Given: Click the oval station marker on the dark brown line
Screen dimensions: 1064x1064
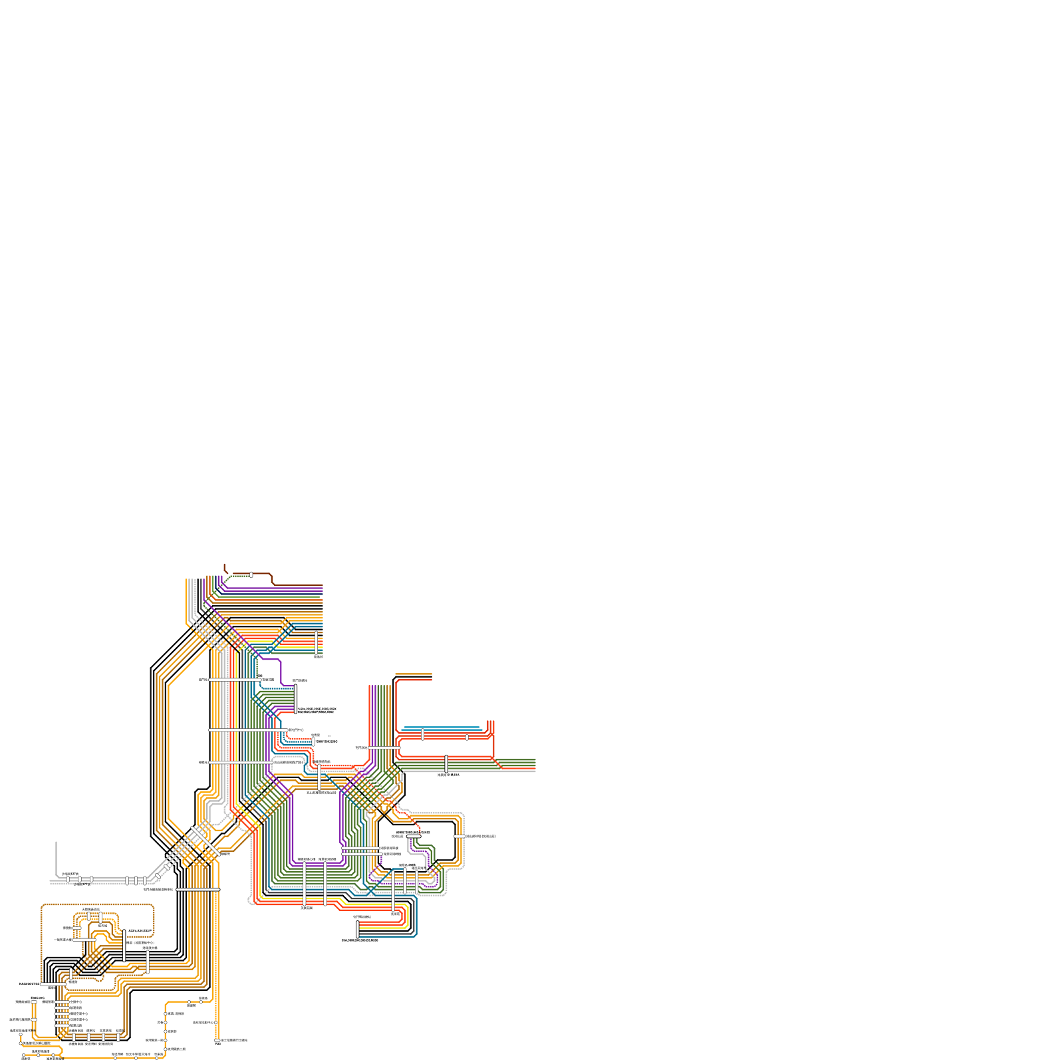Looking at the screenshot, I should [251, 575].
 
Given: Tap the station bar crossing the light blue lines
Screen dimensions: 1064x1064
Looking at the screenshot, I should [423, 734].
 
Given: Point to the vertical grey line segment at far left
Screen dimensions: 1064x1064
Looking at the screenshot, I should [56, 858].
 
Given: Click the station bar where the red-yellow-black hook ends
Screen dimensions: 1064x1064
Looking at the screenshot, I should [358, 930].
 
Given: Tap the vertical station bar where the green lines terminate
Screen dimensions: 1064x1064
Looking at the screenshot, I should [296, 699].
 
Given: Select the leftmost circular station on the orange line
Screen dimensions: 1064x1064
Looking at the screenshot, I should [21, 1035].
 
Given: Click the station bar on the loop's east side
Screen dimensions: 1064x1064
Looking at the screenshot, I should [459, 836].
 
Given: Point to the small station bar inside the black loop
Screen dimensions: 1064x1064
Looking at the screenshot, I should [413, 837].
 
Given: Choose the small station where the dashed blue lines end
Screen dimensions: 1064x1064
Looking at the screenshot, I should [313, 741].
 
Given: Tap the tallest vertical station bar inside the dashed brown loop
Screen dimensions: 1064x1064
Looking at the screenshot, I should [124, 946].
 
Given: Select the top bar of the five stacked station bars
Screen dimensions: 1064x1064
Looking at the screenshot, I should [62, 1001].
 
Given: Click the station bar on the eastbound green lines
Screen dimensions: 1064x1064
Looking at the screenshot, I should [446, 764].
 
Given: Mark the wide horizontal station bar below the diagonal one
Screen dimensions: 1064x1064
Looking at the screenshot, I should [198, 889].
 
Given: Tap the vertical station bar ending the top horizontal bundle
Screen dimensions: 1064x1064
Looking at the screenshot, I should [317, 642].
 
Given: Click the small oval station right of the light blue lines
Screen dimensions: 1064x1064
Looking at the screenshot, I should [467, 737].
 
